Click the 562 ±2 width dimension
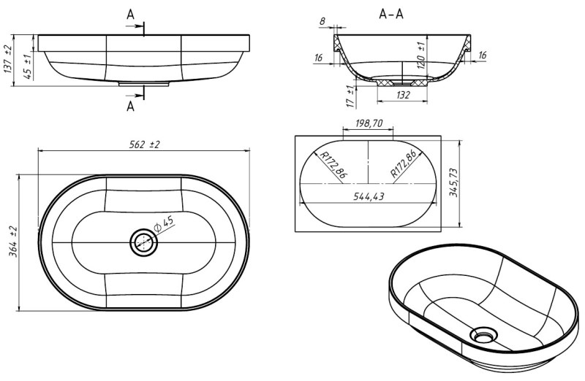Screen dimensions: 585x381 coord(144,145)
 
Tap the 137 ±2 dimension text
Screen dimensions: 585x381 coord(8,59)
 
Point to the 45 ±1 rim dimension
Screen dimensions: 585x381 coord(27,66)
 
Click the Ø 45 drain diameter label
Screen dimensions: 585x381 coord(163,224)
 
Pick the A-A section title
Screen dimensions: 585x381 coord(391,14)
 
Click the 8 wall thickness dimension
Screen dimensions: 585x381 coord(322,21)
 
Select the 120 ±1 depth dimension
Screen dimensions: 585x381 coord(422,55)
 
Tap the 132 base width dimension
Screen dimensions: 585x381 coord(403,96)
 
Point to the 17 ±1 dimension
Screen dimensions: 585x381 coord(350,96)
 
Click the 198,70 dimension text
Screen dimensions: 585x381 coord(369,123)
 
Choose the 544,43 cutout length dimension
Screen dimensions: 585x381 coord(369,196)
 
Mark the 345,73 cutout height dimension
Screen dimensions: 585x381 coord(453,182)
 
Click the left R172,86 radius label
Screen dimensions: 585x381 coord(333,165)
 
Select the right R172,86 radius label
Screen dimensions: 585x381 coord(404,163)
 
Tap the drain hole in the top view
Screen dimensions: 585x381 coord(143,242)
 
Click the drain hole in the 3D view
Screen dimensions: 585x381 coord(483,334)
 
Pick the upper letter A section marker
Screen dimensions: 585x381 coord(130,15)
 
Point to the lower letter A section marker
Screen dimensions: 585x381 coord(130,107)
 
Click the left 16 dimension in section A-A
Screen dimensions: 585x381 coord(318,58)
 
